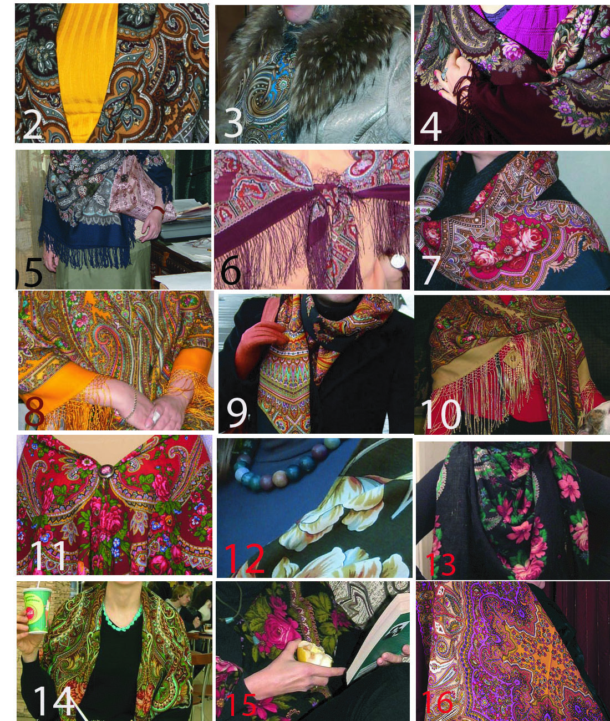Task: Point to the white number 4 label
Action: click(x=431, y=126)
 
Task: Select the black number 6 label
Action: click(x=231, y=270)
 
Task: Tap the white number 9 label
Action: click(x=237, y=413)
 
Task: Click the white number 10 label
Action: click(x=441, y=414)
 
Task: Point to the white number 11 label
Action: click(x=48, y=556)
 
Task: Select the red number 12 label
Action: click(x=244, y=558)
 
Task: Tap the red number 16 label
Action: click(x=438, y=702)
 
